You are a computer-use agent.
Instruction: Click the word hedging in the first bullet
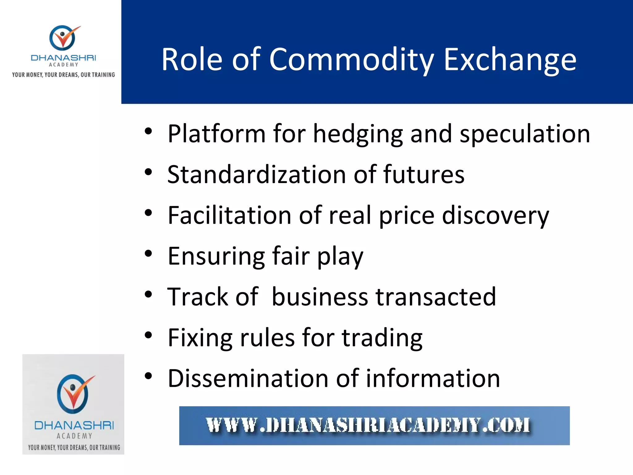tap(358, 134)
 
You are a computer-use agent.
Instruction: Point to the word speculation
tap(525, 134)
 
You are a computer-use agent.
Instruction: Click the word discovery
tap(495, 216)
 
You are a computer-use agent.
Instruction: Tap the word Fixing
tap(200, 338)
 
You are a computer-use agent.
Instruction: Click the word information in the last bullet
tap(433, 379)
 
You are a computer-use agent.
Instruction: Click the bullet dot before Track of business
tap(148, 294)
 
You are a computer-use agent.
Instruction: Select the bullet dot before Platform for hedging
tap(148, 131)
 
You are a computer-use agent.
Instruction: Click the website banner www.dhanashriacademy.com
tap(374, 426)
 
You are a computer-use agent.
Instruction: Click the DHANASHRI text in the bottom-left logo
tap(74, 425)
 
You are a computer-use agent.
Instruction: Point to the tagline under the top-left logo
tap(63, 75)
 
